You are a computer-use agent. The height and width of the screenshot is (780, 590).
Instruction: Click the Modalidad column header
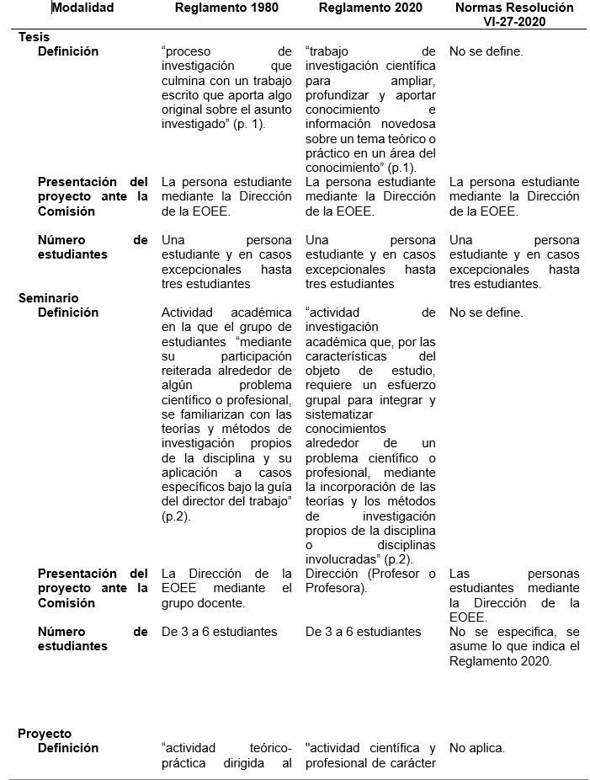[82, 8]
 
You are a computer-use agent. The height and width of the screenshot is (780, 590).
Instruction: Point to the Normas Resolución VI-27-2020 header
[515, 15]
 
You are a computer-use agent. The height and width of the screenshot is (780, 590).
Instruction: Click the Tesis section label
[33, 37]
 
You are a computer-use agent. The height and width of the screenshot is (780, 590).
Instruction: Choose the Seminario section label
[48, 298]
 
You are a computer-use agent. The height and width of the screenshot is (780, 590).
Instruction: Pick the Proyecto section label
[45, 734]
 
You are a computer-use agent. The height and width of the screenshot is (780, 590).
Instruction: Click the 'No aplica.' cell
[477, 748]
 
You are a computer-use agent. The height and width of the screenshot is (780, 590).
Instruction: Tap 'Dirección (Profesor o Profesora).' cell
[370, 581]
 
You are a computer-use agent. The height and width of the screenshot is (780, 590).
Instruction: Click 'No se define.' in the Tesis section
[486, 51]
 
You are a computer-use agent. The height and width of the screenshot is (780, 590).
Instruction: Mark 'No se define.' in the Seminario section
[486, 313]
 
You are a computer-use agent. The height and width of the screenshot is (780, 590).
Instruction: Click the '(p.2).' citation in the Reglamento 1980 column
[177, 516]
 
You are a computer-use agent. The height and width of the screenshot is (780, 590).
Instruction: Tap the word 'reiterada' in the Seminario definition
[190, 371]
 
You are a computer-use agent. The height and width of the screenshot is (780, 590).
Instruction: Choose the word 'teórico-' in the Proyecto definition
[269, 748]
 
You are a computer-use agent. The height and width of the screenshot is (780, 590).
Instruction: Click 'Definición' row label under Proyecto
[68, 748]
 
